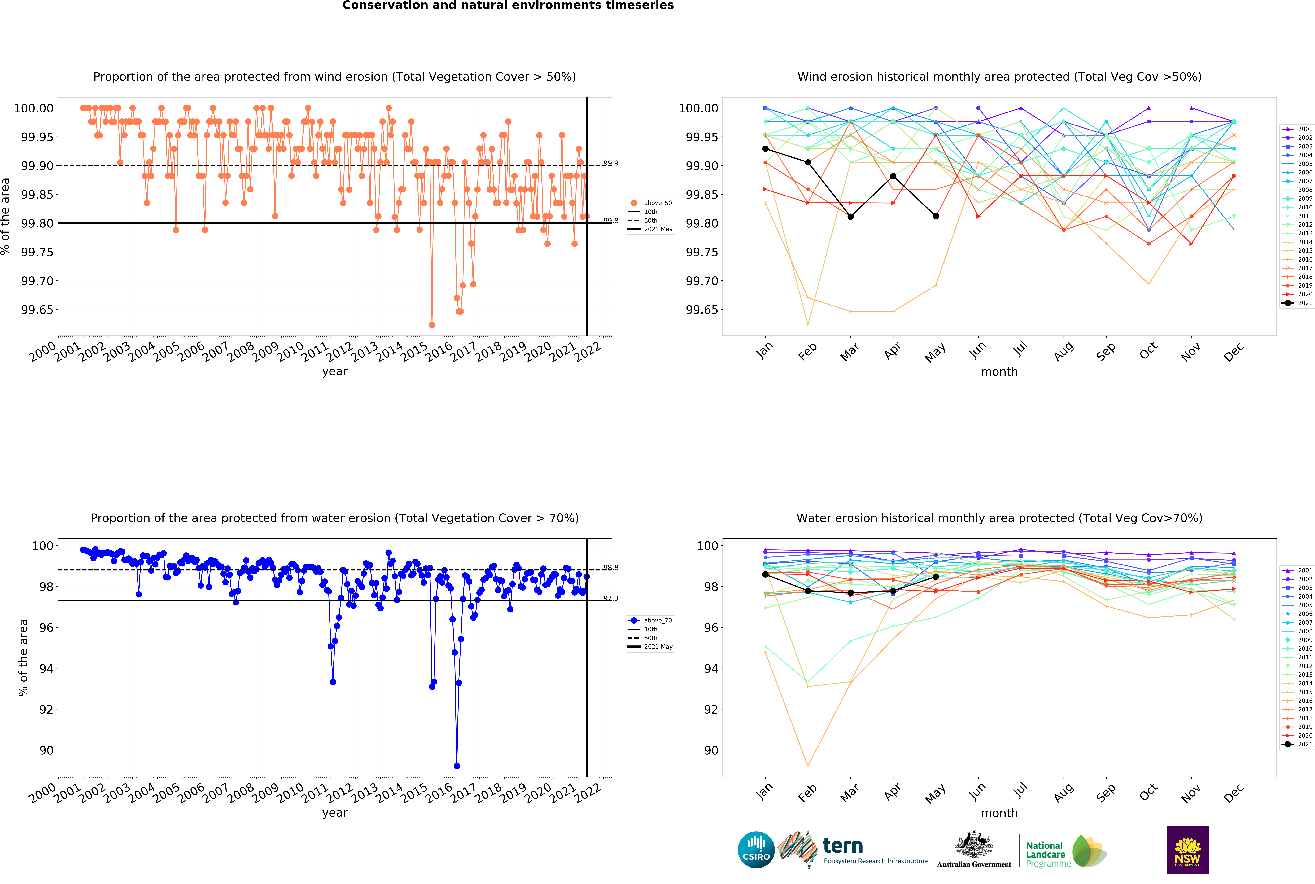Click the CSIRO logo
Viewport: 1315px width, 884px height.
pos(756,850)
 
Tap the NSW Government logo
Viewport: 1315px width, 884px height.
pos(1187,850)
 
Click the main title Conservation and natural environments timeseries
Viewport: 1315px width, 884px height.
pos(508,6)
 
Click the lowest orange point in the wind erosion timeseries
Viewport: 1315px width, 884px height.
pos(432,325)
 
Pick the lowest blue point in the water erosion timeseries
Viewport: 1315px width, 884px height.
pos(457,766)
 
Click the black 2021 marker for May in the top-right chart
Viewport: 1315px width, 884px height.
pos(936,216)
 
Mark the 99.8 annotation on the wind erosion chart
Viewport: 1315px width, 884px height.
pos(610,220)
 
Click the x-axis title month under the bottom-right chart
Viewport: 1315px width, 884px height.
pos(999,813)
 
